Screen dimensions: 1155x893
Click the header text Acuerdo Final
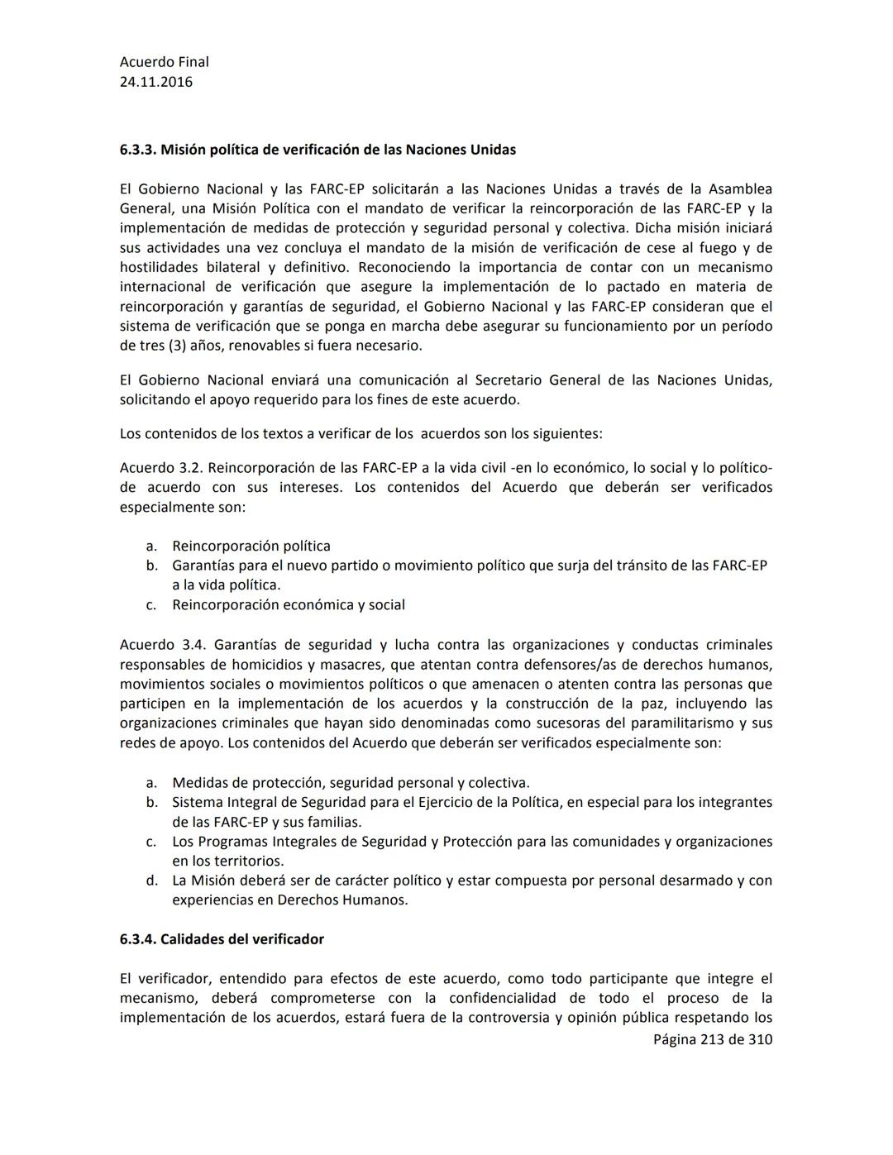[x=164, y=62]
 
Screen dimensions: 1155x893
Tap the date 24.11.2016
[x=155, y=82]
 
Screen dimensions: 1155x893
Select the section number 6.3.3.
[x=138, y=150]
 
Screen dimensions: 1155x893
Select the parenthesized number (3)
[x=177, y=346]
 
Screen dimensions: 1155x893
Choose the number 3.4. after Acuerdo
[x=191, y=645]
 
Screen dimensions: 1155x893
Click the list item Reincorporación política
[x=251, y=546]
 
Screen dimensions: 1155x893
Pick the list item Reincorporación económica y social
[x=288, y=604]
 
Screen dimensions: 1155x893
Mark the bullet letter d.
[x=151, y=881]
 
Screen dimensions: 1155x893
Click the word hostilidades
[x=159, y=267]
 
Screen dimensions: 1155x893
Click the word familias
[x=334, y=822]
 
